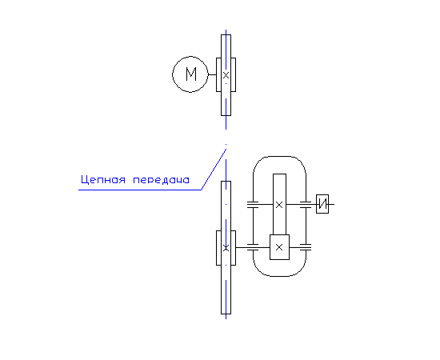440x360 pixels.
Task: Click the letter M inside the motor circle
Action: click(x=191, y=74)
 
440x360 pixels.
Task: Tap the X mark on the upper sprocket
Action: click(x=226, y=75)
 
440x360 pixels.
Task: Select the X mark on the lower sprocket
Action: click(x=226, y=248)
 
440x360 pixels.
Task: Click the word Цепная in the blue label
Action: click(x=103, y=179)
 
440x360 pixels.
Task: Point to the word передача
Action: click(x=161, y=180)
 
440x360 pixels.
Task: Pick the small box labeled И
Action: click(x=322, y=204)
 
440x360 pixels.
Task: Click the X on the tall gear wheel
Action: click(x=279, y=205)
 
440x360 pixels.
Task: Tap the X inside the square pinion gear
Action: click(x=279, y=247)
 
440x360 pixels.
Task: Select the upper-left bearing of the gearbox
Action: click(x=253, y=205)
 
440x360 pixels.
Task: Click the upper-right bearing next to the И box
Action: click(x=306, y=205)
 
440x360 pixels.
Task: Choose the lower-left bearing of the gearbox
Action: click(x=253, y=247)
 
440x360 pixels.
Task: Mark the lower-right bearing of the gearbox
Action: click(x=306, y=247)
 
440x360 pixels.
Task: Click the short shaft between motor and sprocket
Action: click(x=212, y=74)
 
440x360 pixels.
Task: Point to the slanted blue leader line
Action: click(x=214, y=169)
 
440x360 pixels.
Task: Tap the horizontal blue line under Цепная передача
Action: click(x=140, y=190)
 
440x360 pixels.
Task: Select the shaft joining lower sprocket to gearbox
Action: click(x=242, y=247)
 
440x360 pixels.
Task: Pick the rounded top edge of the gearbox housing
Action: click(x=279, y=156)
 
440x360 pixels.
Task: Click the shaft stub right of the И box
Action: click(x=331, y=204)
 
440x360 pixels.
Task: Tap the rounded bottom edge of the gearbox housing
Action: click(x=279, y=276)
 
